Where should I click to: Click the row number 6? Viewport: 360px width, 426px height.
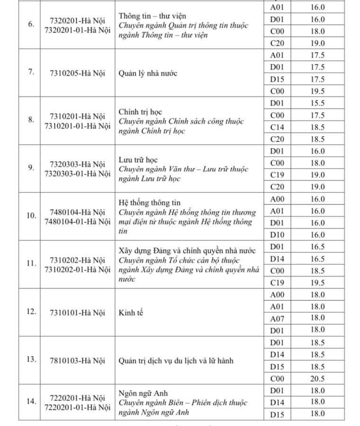point(31,24)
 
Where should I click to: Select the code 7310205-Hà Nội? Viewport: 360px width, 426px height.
point(77,73)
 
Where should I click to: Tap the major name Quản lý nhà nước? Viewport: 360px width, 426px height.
point(148,73)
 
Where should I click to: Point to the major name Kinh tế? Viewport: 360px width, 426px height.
point(131,312)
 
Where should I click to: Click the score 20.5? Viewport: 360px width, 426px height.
point(317,379)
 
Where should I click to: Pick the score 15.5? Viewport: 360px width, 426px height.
point(317,103)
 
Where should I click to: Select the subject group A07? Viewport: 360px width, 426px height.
point(277,318)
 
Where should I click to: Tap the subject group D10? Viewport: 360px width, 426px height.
point(277,235)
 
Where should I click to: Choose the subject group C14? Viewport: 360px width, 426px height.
point(277,127)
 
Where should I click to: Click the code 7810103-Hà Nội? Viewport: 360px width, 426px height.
point(77,361)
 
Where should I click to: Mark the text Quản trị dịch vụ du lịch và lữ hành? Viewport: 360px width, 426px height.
point(176,361)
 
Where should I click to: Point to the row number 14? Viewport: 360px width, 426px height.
point(31,401)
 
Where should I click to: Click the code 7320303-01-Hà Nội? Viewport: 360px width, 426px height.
point(77,174)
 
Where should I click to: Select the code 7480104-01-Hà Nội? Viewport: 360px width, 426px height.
point(77,222)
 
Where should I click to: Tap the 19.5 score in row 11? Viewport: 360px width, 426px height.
point(317,283)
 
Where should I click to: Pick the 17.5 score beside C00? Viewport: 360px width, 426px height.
point(317,115)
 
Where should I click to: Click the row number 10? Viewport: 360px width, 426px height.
point(31,216)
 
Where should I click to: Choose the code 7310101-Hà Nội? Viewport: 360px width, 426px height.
point(77,312)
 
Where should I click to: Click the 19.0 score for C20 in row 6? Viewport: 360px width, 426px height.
point(317,44)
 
